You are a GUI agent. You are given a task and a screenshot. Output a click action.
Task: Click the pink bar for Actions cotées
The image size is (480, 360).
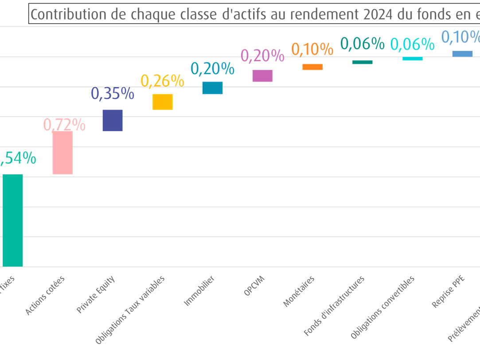tap(62, 153)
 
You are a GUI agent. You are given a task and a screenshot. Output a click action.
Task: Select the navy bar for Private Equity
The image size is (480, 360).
tap(113, 120)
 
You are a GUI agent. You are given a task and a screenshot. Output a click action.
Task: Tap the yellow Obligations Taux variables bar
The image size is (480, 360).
tap(163, 102)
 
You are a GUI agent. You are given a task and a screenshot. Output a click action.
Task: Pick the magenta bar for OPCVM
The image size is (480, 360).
tap(262, 76)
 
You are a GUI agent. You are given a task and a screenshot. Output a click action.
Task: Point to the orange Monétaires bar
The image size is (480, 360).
tap(312, 67)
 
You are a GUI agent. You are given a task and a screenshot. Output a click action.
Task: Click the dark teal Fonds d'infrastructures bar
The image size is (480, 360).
tap(363, 62)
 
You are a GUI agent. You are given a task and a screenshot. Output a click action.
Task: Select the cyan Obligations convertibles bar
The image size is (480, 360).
tap(413, 59)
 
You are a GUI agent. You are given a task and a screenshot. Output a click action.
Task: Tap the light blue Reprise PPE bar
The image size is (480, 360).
tap(462, 54)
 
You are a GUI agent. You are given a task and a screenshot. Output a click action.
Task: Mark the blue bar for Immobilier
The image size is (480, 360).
tap(213, 88)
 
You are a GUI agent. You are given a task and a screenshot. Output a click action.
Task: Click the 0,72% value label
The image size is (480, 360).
tap(65, 125)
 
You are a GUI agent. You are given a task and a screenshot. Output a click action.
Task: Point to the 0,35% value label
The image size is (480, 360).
tap(113, 94)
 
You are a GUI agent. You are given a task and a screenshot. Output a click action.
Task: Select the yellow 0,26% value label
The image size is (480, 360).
tap(162, 81)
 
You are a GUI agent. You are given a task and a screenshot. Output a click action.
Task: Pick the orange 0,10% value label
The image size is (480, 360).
tap(312, 49)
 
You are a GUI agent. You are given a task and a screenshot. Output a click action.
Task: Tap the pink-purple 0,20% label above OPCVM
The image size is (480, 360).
tap(262, 55)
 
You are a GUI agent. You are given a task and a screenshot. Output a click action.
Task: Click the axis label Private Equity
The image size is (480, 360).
tap(96, 295)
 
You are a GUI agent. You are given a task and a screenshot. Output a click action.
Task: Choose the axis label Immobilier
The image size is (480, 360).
tap(199, 291)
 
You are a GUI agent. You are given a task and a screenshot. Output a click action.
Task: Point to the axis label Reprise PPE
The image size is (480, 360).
tap(449, 292)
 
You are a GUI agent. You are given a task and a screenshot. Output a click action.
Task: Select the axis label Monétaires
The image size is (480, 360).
tap(299, 292)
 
